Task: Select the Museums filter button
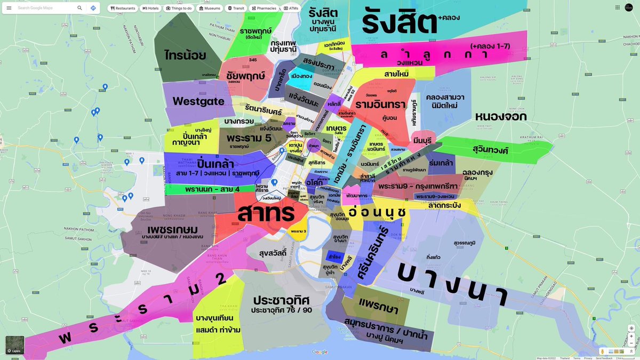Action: (209, 9)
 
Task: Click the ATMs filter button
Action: (291, 9)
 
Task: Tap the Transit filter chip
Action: (236, 9)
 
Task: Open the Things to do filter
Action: (179, 9)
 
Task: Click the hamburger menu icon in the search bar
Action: (9, 8)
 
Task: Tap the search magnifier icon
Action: (79, 8)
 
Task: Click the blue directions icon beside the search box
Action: (93, 8)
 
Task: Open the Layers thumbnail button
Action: (15, 345)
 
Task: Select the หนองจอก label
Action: (500, 116)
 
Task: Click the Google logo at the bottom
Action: (320, 352)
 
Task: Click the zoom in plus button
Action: (631, 337)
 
